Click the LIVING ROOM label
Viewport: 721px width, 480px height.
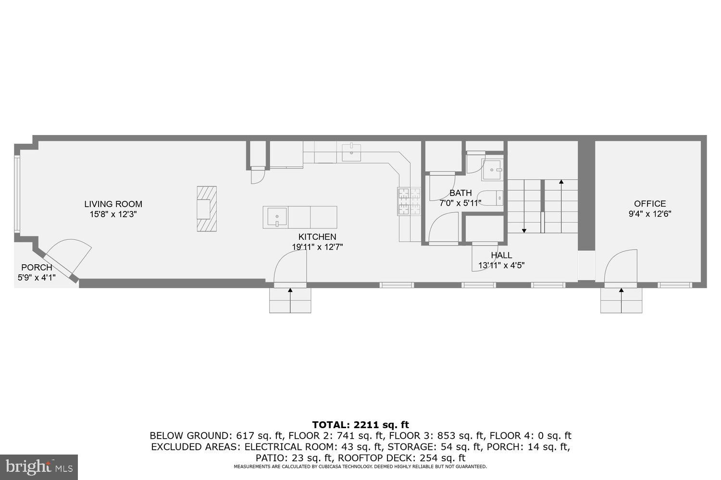(113, 204)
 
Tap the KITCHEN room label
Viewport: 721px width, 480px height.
(317, 237)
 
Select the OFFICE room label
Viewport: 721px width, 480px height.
(650, 204)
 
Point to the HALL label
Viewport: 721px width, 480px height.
(501, 255)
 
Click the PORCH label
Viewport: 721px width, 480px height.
(37, 268)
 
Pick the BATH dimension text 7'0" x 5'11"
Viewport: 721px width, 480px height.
(460, 203)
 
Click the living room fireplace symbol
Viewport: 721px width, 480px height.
(207, 209)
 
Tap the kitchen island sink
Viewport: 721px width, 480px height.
(275, 217)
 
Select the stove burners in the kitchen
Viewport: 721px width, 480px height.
(409, 201)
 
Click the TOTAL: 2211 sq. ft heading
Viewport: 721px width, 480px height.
(360, 425)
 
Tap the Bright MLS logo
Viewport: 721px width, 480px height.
(38, 467)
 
